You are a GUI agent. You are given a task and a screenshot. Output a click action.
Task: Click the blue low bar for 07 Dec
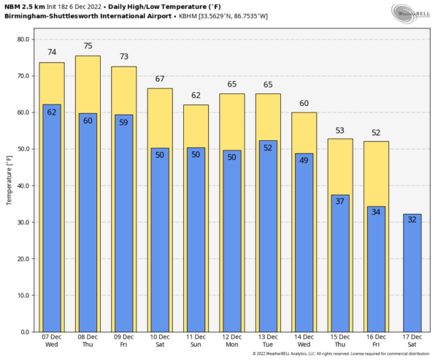[52, 219]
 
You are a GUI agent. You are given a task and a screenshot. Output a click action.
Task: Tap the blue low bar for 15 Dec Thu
[340, 267]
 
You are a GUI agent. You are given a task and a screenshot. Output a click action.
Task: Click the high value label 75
[88, 46]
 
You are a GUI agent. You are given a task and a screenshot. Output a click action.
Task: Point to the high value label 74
[52, 53]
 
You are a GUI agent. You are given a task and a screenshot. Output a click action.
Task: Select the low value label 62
[52, 112]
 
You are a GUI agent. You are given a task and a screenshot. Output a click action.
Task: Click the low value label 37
[340, 202]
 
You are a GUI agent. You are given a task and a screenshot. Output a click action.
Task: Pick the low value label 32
[412, 219]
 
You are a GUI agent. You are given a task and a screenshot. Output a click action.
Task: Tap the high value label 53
[340, 130]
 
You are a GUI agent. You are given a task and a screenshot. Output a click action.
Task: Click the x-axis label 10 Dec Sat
[160, 340]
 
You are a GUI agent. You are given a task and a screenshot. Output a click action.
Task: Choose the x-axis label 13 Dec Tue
[268, 340]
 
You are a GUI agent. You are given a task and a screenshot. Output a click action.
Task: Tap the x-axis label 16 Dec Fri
[376, 340]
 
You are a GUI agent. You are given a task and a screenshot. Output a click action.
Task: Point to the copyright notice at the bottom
[342, 354]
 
